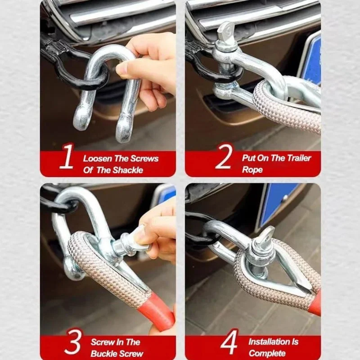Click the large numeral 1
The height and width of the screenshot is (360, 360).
coord(66,156)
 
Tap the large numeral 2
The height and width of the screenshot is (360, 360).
coord(224,157)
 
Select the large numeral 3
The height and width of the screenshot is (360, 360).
coord(72,342)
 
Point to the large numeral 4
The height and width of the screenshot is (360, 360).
coord(229,342)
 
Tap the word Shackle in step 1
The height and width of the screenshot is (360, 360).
coord(128,170)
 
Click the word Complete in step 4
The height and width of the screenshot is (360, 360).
coord(267,353)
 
